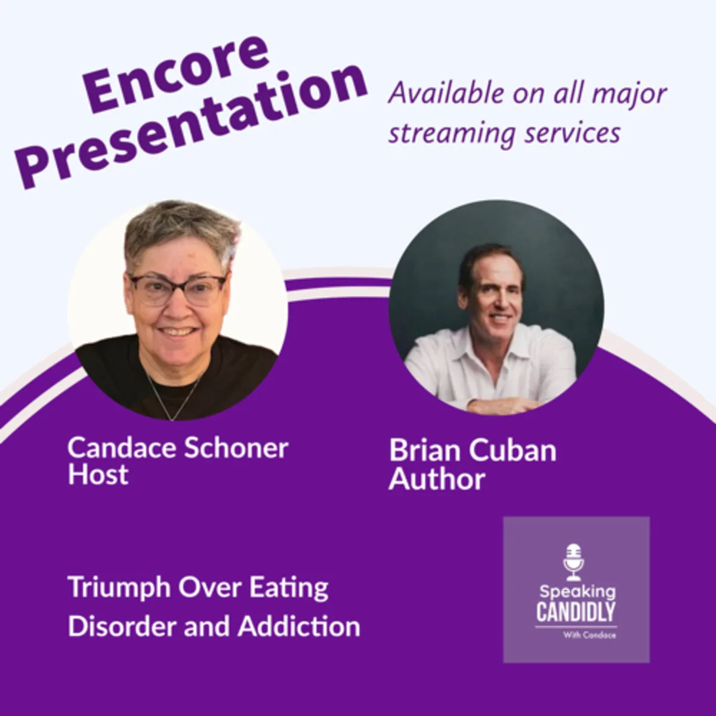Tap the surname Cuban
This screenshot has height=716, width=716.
click(513, 450)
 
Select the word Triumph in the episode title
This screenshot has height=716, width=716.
click(118, 588)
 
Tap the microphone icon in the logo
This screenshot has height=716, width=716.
click(574, 562)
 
